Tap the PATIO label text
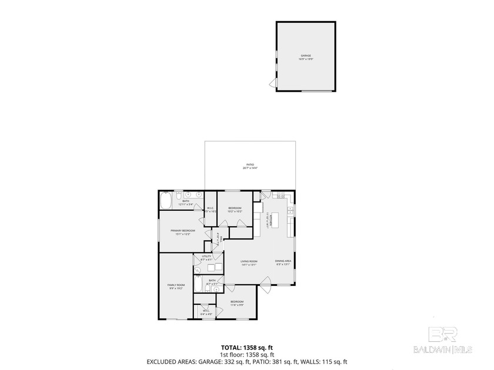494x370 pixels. (251, 164)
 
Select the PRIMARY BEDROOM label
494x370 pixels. (183, 230)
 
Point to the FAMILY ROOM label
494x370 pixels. (176, 285)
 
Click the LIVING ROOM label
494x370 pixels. (249, 261)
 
